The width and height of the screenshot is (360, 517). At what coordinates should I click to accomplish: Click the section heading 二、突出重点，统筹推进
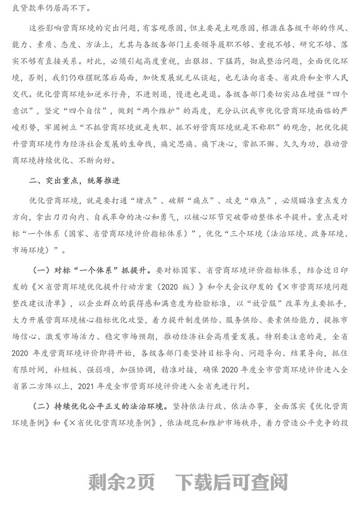point(74,181)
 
